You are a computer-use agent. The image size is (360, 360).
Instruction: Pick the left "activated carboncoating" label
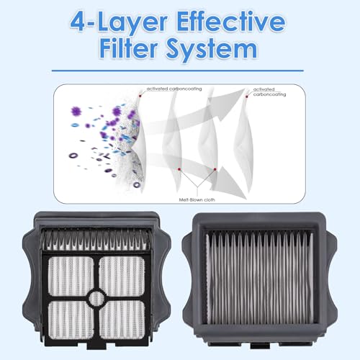coord(173,89)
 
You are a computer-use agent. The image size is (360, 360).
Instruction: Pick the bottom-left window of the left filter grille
coord(67,318)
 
